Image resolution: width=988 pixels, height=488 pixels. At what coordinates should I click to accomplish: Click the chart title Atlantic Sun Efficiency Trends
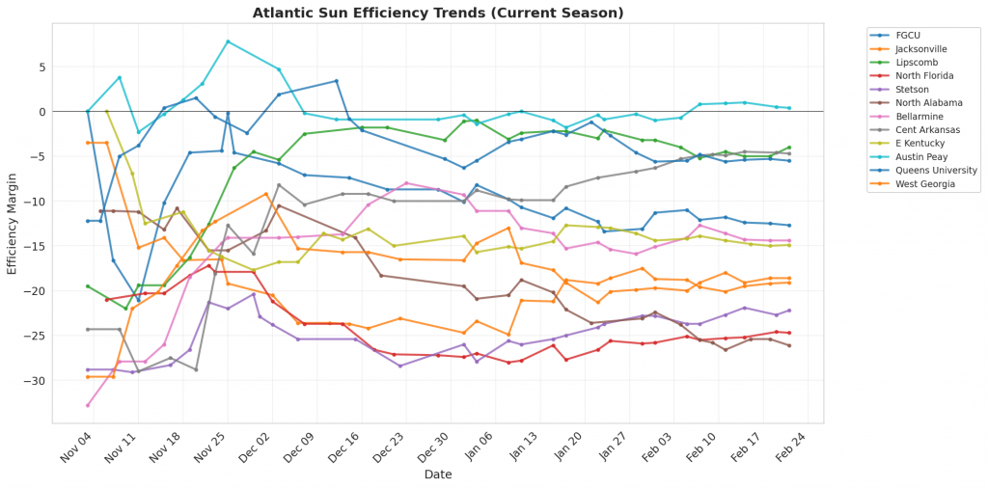point(438,13)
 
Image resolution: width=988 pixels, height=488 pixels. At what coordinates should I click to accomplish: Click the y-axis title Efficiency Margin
point(13,228)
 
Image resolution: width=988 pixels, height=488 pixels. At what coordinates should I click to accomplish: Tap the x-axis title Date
point(439,474)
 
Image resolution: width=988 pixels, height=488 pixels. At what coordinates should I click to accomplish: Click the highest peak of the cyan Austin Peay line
point(228,41)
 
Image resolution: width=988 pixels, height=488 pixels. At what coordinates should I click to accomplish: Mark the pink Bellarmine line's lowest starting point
point(88,405)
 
